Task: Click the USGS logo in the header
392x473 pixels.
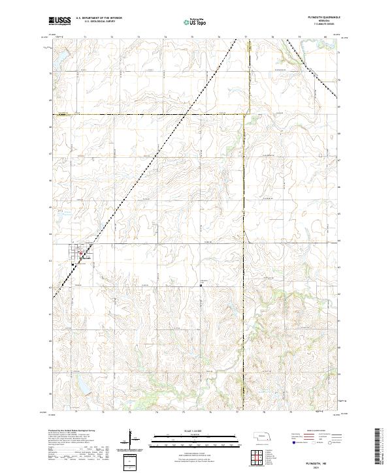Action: [60, 22]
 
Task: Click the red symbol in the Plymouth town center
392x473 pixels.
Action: [80, 253]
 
